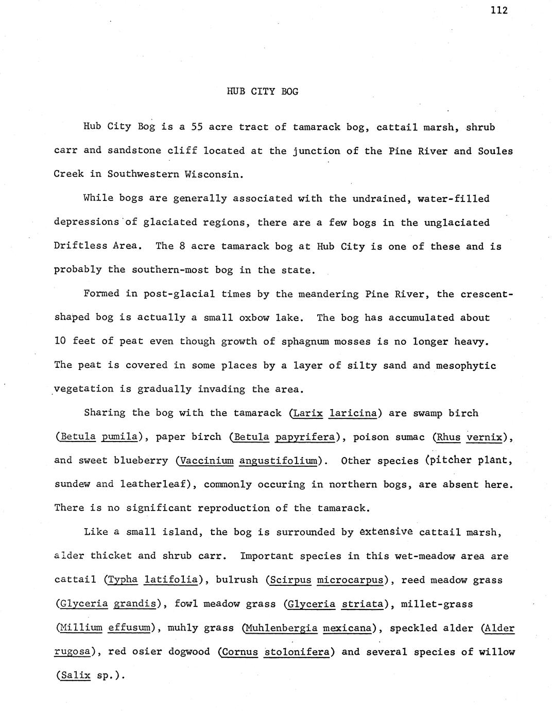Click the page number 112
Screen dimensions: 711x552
(498, 10)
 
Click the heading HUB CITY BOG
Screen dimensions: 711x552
(263, 92)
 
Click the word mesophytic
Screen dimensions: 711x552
(465, 365)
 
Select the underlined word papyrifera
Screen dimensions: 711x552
(304, 437)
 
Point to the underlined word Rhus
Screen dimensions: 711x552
(448, 437)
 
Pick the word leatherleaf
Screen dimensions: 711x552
(154, 484)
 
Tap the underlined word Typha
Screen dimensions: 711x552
(123, 580)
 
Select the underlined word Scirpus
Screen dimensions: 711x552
(291, 580)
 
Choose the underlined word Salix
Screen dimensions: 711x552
(75, 675)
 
